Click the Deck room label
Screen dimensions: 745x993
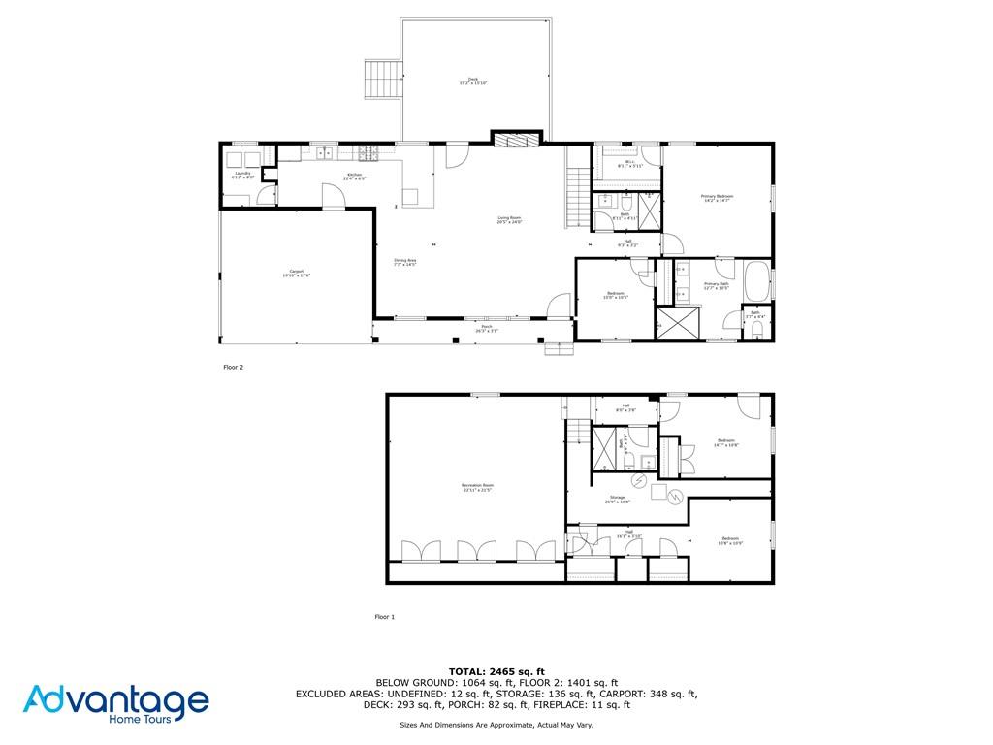(473, 81)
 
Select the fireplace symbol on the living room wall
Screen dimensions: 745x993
(514, 140)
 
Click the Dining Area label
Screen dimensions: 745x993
(404, 262)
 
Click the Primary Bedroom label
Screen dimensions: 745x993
(718, 198)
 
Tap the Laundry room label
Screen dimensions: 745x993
(242, 176)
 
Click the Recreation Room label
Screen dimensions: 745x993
(477, 487)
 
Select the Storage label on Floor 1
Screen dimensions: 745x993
(618, 499)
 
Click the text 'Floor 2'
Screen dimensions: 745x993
(233, 368)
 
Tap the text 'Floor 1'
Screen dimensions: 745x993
(385, 617)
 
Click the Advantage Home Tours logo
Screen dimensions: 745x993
(116, 704)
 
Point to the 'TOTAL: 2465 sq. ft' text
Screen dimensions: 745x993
(496, 671)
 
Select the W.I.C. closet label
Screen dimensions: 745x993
(629, 164)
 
